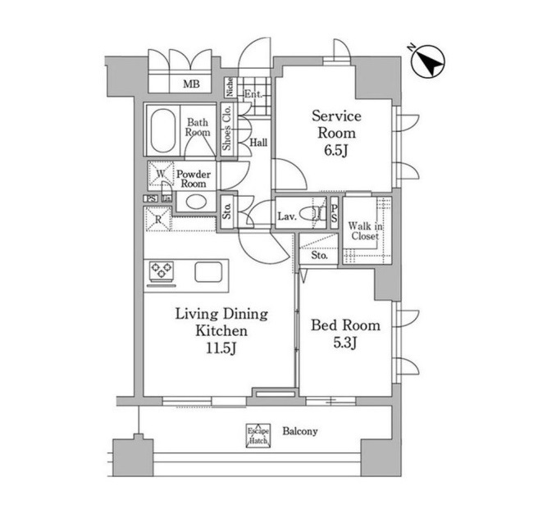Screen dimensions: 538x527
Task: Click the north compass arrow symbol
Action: (428, 62)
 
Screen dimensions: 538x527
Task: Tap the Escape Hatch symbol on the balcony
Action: (258, 435)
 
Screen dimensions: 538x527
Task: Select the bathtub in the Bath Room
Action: (163, 130)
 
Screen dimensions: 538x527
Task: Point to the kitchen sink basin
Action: (208, 272)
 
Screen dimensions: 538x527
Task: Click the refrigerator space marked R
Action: (158, 219)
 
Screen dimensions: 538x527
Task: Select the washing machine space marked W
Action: (161, 175)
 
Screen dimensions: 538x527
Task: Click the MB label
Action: (191, 84)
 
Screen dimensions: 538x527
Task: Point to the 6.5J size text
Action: (336, 150)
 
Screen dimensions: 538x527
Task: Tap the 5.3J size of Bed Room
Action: (345, 343)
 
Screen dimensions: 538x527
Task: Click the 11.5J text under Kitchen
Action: (221, 348)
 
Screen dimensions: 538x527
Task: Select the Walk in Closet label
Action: (365, 231)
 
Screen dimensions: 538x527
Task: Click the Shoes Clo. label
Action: (227, 128)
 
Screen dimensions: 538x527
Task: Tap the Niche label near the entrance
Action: (229, 86)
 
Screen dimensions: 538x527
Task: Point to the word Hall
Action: (258, 143)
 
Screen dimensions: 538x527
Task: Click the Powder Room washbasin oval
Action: (196, 202)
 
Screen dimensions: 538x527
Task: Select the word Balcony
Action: (300, 431)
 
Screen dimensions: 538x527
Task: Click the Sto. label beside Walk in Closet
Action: (320, 256)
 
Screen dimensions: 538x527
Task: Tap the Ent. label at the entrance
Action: (253, 93)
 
